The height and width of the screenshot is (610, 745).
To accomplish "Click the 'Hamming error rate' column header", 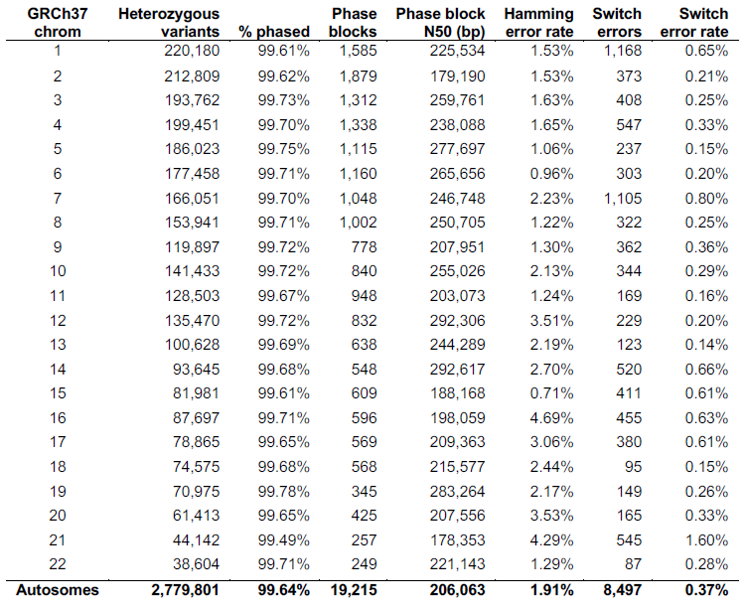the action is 538,22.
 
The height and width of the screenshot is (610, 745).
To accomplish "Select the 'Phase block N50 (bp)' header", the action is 440,22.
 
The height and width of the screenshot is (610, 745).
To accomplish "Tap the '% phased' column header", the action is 274,32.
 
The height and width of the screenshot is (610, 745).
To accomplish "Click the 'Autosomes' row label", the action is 58,590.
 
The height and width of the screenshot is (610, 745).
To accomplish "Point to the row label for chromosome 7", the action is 58,198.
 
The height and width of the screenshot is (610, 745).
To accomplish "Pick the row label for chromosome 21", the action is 58,539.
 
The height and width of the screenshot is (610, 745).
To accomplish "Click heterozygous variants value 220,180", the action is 192,51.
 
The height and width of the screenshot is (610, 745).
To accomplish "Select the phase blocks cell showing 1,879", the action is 358,76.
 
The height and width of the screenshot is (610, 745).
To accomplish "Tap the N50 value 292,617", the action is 458,370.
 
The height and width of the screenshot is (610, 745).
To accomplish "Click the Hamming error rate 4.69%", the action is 551,417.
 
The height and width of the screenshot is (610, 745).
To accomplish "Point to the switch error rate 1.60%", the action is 706,539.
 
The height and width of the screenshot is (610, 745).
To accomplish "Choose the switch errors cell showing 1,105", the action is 623,198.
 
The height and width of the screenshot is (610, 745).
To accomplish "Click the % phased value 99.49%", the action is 284,539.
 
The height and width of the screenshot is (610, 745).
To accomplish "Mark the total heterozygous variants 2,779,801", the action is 186,590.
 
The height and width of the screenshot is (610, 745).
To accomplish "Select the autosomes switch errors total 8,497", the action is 623,590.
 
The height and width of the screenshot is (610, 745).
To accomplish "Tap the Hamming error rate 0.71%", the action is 551,393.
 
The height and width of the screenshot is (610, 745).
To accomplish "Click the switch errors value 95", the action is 634,467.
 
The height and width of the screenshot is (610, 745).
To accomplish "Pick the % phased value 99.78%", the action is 284,491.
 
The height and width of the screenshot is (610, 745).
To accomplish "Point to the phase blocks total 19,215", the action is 354,590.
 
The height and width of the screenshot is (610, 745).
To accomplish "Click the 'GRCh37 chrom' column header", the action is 58,22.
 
